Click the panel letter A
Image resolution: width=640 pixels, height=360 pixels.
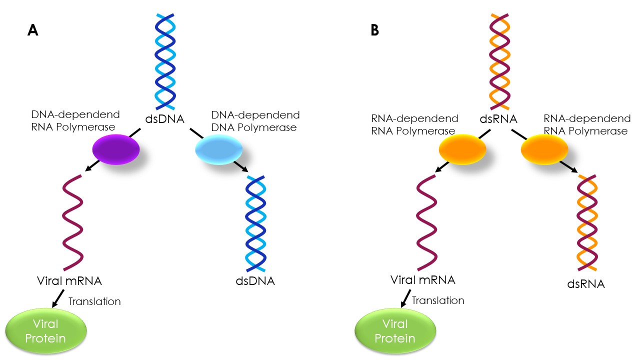(x=32, y=30)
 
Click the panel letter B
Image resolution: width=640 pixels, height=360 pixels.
(x=374, y=30)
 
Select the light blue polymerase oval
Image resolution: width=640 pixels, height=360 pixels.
(x=218, y=149)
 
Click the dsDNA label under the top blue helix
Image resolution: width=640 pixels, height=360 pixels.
(x=165, y=119)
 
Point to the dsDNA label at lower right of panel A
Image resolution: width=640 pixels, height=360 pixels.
(x=255, y=280)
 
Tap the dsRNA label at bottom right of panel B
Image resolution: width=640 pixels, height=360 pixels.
(x=586, y=284)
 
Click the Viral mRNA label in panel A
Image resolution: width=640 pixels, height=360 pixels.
(x=69, y=280)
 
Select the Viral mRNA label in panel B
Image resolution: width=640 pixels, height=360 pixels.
(x=422, y=279)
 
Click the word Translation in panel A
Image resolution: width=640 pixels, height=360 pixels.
(x=94, y=301)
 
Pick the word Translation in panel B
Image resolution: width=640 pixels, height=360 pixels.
(x=438, y=300)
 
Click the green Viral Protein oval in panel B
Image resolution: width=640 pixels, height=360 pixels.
(x=395, y=330)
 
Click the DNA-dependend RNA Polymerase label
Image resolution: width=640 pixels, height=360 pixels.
(x=73, y=121)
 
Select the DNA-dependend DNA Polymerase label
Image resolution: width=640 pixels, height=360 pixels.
(x=255, y=121)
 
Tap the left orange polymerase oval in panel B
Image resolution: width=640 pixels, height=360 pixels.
(x=462, y=149)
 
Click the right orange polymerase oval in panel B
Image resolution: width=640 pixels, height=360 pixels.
(x=544, y=149)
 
